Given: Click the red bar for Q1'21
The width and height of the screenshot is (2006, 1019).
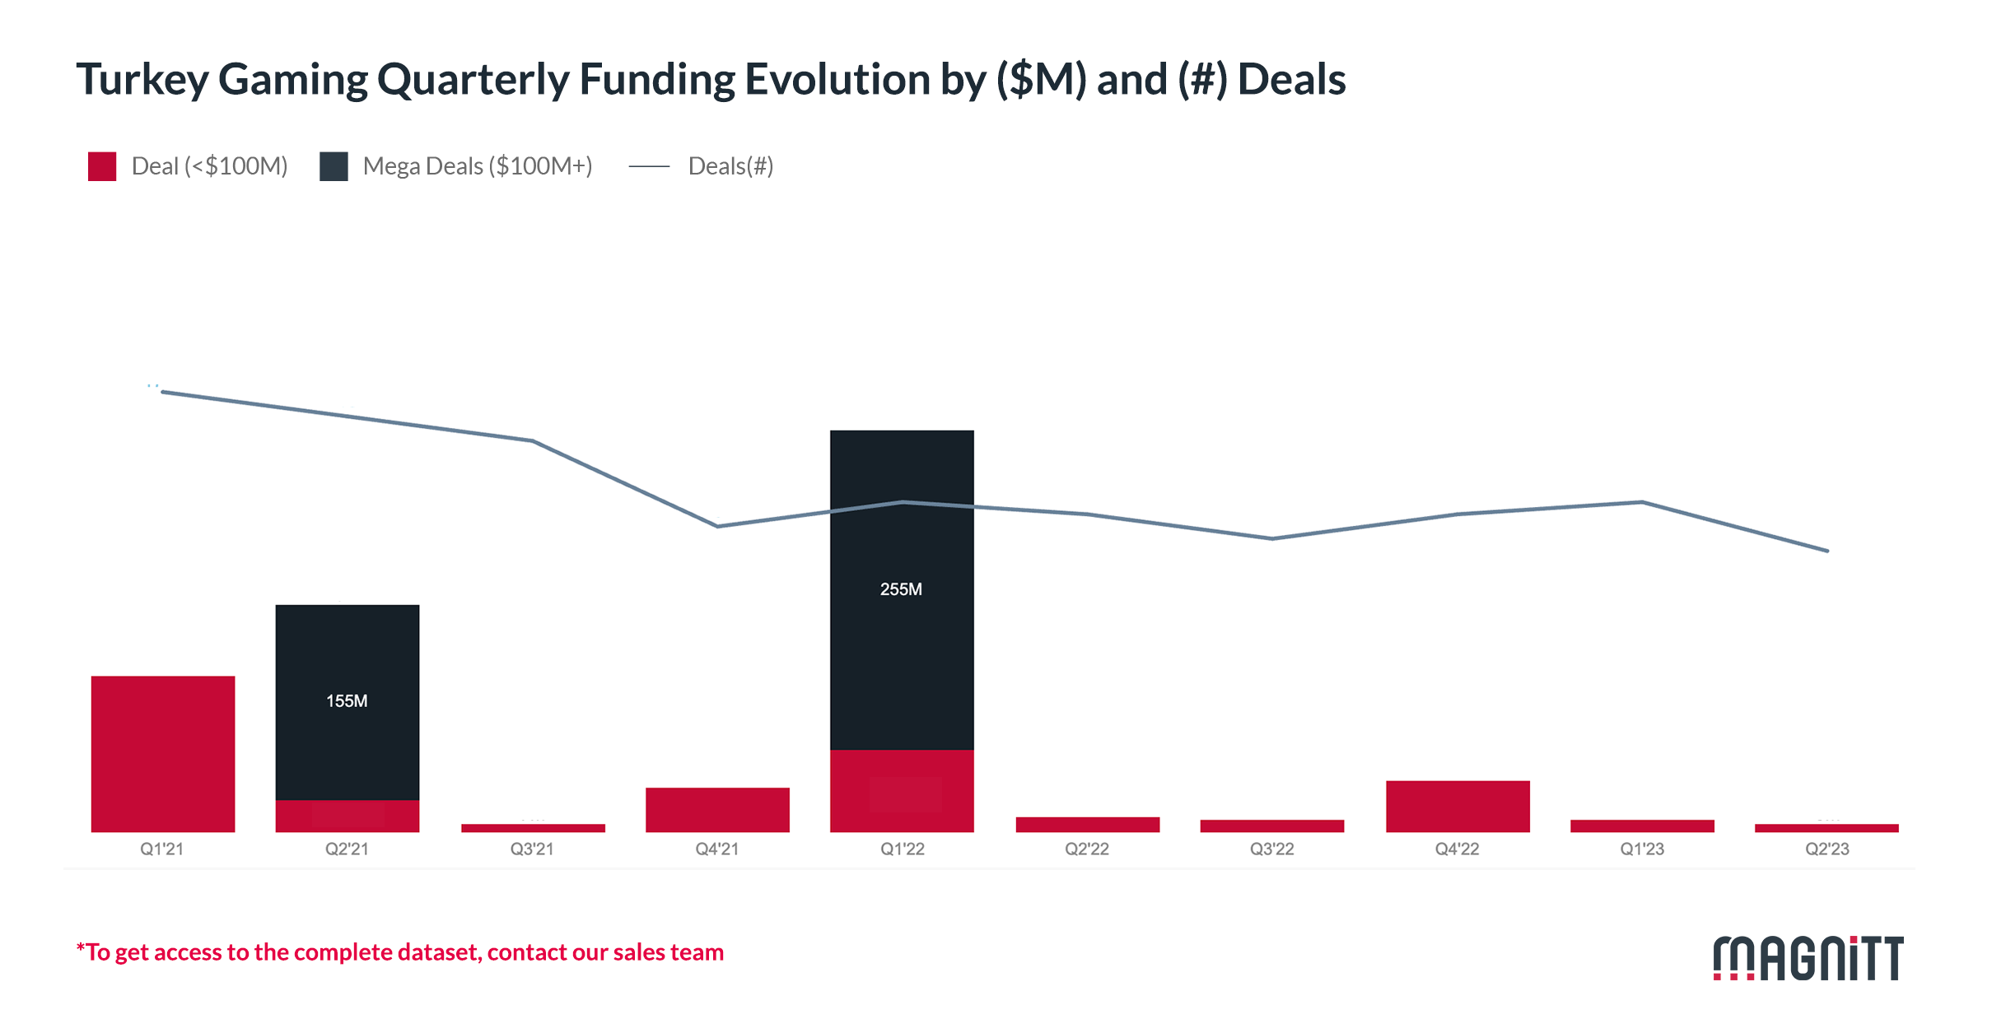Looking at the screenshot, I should [163, 753].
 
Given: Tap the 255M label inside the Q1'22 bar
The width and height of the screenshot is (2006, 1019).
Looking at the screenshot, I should [901, 589].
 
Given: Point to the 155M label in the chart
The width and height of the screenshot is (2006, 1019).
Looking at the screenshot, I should [347, 701].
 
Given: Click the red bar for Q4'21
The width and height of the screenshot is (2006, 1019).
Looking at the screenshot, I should [717, 810].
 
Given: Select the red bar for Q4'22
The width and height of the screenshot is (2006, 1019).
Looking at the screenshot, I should [1458, 807].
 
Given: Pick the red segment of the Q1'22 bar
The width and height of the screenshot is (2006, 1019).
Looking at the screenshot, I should [902, 791].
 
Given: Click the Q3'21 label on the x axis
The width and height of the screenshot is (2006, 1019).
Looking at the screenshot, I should [532, 849].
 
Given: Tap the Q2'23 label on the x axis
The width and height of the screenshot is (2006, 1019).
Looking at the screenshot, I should [1827, 849].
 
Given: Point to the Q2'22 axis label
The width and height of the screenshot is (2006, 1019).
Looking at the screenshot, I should [1087, 849].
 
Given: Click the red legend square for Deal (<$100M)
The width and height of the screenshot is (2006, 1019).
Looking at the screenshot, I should [102, 166].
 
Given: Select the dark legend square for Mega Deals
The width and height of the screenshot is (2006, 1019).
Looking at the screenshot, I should [334, 166].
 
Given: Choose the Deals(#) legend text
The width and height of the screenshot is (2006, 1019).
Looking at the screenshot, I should [730, 166].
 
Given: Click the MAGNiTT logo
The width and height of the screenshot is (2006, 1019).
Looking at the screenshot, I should [1808, 958].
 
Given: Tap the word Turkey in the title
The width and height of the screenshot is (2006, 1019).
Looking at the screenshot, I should [142, 80].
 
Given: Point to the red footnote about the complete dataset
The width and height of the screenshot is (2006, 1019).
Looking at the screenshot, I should [400, 952].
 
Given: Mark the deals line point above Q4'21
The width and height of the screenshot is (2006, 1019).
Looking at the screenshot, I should [718, 526].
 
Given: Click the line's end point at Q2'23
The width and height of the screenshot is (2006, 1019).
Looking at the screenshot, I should [1827, 551].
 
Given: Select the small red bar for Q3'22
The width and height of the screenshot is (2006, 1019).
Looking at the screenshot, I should [1272, 826].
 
